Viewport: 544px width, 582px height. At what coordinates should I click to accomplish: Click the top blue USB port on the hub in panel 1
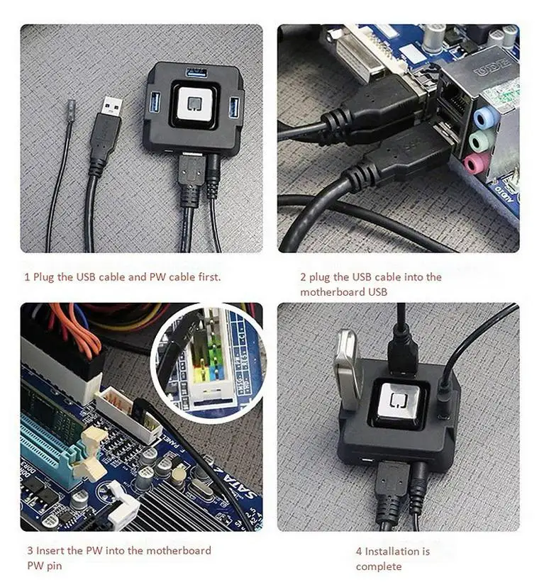[x=196, y=72]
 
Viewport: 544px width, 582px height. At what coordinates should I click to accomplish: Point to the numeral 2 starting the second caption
[x=303, y=277]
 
